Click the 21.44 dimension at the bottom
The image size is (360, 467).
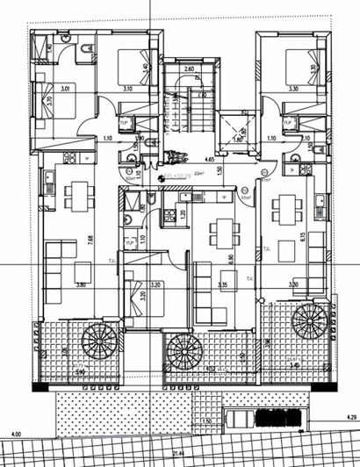coord(179,454)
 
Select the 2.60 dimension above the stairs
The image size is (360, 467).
coord(189,68)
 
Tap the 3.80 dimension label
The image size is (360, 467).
coord(81,284)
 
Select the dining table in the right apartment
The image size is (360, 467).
coord(286,209)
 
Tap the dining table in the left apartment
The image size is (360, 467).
coord(80,198)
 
